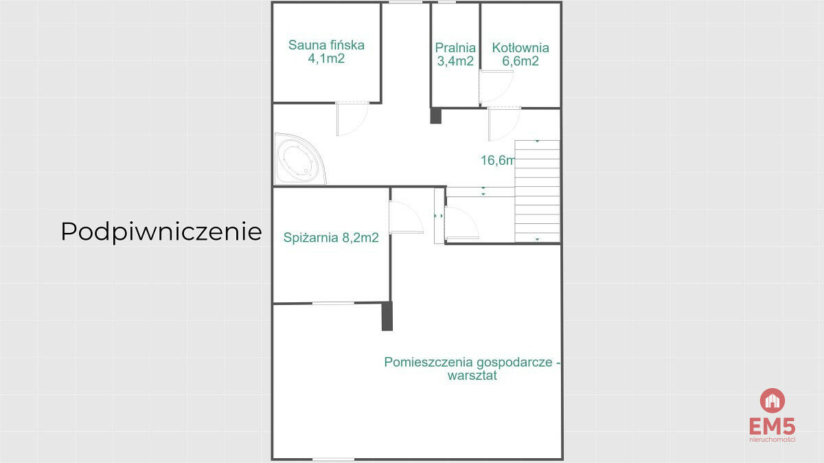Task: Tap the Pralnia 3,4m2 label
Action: (x=455, y=54)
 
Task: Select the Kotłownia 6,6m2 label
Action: (x=520, y=54)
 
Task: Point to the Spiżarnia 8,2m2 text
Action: (x=331, y=238)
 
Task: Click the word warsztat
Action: (x=472, y=376)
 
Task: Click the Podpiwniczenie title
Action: (x=161, y=232)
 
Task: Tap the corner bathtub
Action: (x=300, y=159)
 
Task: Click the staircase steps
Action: (x=537, y=191)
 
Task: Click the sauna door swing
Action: (x=352, y=119)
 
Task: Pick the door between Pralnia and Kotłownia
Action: (x=496, y=87)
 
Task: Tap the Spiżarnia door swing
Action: (x=406, y=217)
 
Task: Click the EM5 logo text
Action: (x=772, y=427)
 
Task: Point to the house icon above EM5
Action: (x=772, y=400)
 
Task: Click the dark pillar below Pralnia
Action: (x=435, y=115)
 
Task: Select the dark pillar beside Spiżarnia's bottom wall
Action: (x=387, y=316)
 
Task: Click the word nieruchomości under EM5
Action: (x=772, y=440)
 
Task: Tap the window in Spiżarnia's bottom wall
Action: (x=333, y=303)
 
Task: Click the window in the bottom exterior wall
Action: (x=333, y=460)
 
